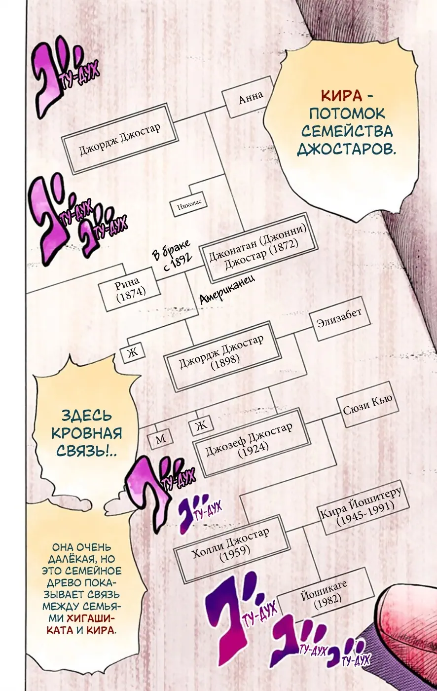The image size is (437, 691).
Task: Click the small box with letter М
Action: (x=161, y=439)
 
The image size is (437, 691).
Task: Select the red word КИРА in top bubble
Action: (x=341, y=96)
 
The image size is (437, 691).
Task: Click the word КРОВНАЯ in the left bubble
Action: (x=87, y=433)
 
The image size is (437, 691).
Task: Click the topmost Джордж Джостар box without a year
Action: (x=120, y=139)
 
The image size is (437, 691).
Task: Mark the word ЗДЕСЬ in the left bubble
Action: (x=86, y=415)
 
